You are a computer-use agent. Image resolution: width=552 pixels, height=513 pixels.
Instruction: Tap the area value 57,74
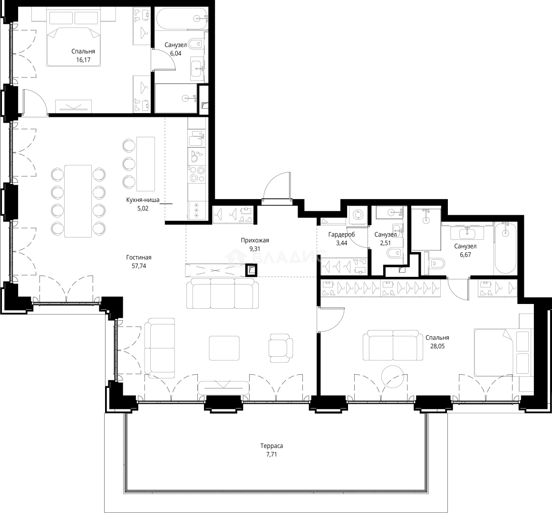139,266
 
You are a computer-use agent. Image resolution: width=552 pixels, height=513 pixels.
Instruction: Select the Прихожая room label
255,240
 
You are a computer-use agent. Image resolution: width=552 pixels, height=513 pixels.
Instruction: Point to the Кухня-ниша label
143,200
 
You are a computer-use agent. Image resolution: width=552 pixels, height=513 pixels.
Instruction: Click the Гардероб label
341,235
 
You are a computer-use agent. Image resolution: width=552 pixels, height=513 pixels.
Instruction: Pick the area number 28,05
437,346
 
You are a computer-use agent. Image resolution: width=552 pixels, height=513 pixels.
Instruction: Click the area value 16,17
83,60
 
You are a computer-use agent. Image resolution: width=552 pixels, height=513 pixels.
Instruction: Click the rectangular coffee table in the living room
224,348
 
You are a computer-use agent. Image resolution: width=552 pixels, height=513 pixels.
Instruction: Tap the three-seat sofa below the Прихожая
222,293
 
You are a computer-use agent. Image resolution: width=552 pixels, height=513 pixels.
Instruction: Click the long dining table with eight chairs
78,201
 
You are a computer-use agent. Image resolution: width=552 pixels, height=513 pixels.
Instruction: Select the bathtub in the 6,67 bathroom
505,248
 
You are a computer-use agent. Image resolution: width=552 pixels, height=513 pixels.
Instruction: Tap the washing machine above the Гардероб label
358,215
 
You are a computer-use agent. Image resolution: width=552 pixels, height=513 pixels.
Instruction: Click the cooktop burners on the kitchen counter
196,174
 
